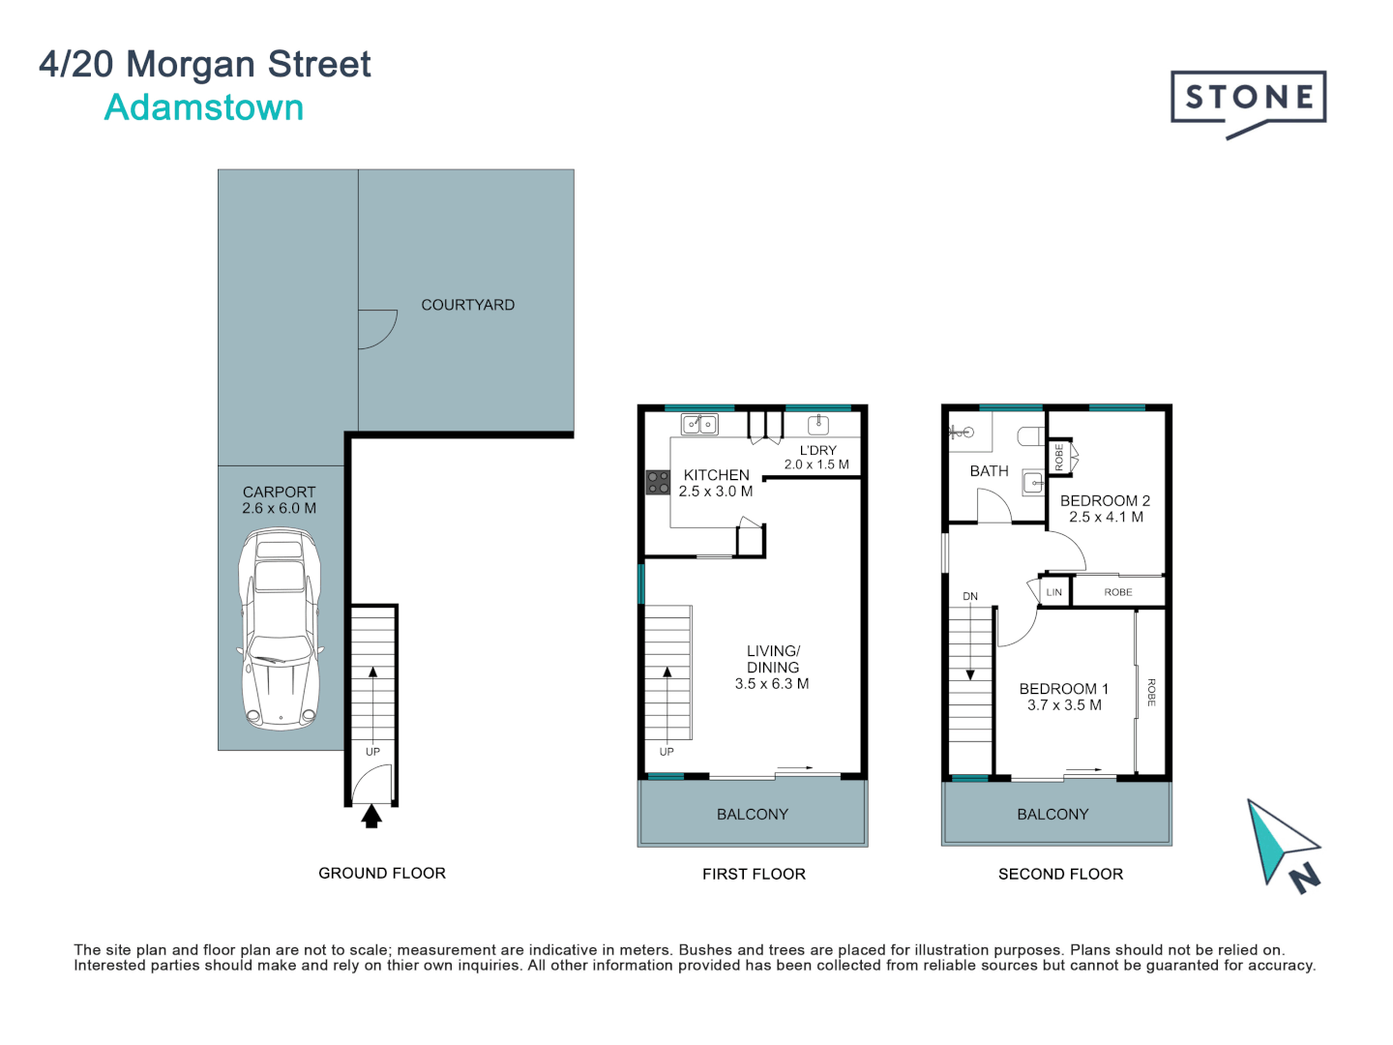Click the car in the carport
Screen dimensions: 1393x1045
280,628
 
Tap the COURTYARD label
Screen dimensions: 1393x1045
467,305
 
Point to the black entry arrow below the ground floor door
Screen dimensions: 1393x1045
371,816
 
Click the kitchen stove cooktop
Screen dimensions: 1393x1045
658,482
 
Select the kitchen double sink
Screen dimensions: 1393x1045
700,424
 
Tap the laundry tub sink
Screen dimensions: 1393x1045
818,424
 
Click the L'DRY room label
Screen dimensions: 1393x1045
817,451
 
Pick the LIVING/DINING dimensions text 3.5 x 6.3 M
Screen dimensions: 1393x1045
772,684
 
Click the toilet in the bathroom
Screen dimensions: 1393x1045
1030,436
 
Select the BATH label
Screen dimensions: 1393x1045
989,471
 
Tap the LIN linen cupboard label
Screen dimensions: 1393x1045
1053,592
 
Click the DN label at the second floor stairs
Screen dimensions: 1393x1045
970,596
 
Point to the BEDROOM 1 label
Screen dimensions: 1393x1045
1064,689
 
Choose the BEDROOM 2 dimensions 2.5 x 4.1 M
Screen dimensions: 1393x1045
1106,517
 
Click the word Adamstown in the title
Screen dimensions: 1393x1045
204,107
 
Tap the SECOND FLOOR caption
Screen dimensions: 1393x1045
1060,875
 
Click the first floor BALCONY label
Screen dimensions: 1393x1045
752,815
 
